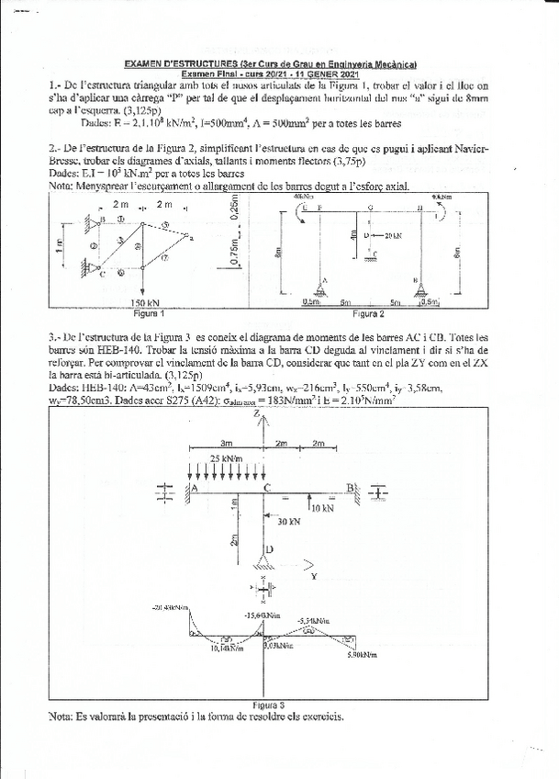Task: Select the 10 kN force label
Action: pyautogui.click(x=321, y=506)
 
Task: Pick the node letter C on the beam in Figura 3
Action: pyautogui.click(x=265, y=487)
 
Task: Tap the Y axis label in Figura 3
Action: pyautogui.click(x=314, y=577)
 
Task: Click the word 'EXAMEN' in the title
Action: pyautogui.click(x=146, y=64)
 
